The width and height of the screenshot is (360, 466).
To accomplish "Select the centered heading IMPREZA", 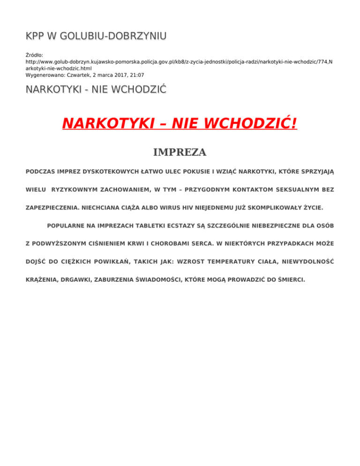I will tap(180, 152).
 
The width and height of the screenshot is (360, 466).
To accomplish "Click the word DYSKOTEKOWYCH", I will tap(111, 172).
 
